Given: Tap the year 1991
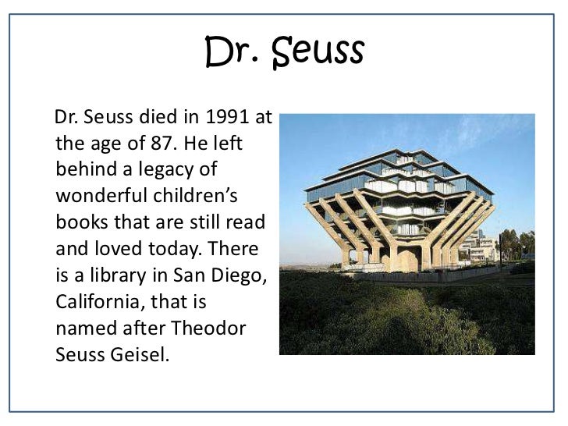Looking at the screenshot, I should pyautogui.click(x=229, y=118).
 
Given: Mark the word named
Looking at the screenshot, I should pyautogui.click(x=83, y=328).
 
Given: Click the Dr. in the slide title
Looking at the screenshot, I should pyautogui.click(x=229, y=51).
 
